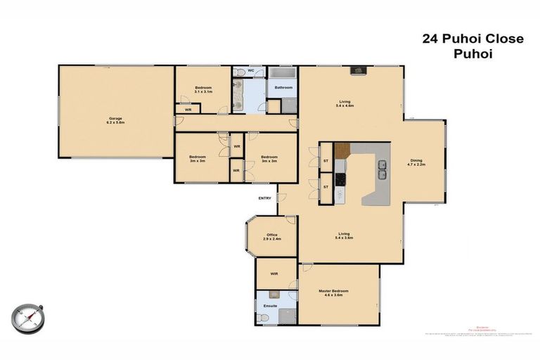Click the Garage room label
pyautogui.click(x=116, y=120)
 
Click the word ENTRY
pyautogui.click(x=264, y=198)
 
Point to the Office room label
pyautogui.click(x=272, y=237)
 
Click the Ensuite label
pyautogui.click(x=270, y=306)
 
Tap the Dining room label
pyautogui.click(x=417, y=162)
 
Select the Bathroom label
pyautogui.click(x=283, y=88)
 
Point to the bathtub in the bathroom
pyautogui.click(x=283, y=74)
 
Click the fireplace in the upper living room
pyautogui.click(x=358, y=70)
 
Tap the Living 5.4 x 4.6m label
pyautogui.click(x=345, y=103)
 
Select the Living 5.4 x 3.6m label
pyautogui.click(x=344, y=236)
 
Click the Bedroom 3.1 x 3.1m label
pyautogui.click(x=203, y=89)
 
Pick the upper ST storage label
pyautogui.click(x=326, y=161)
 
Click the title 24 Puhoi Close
pyautogui.click(x=472, y=39)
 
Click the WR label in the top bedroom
pyautogui.click(x=188, y=110)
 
